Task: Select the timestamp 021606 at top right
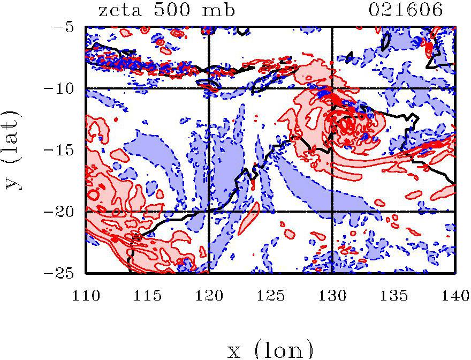(x=407, y=10)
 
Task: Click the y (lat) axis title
(x=14, y=150)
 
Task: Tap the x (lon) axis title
(x=271, y=349)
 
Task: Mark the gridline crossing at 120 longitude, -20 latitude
(x=209, y=212)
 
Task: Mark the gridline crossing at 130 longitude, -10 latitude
(x=332, y=88)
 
